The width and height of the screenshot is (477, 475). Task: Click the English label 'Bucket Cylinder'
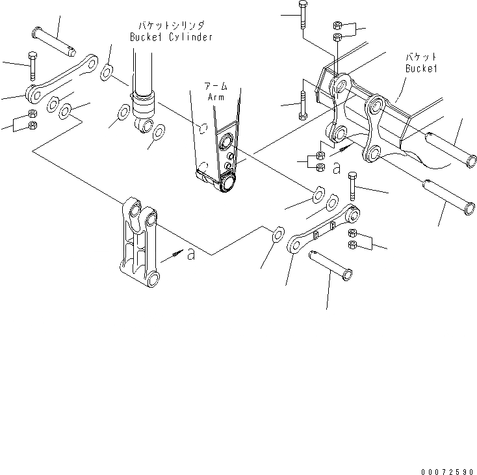170,37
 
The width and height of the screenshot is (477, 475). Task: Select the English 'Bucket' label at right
420,68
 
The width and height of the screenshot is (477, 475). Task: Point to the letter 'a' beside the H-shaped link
190,255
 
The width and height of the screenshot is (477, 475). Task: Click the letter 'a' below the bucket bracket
336,169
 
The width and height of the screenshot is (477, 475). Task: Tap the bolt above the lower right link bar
352,185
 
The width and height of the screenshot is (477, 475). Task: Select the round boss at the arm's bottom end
228,185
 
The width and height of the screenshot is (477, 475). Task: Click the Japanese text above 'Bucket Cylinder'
170,25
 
